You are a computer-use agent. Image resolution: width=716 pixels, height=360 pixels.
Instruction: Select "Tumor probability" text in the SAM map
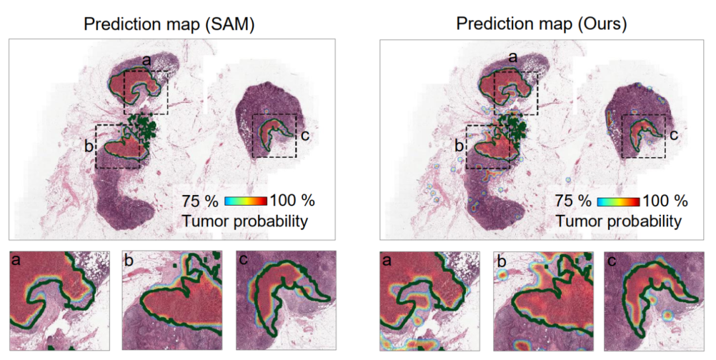pos(245,221)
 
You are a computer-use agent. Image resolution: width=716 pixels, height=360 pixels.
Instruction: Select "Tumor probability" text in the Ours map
pos(619,221)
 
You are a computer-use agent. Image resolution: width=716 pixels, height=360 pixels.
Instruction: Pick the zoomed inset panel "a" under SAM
pos(58,300)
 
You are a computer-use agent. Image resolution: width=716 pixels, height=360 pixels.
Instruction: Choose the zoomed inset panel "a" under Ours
pos(430,300)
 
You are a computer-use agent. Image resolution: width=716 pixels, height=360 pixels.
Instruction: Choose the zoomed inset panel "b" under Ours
pos(544,300)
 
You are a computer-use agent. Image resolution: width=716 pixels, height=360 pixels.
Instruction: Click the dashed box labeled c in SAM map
pos(274,136)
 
